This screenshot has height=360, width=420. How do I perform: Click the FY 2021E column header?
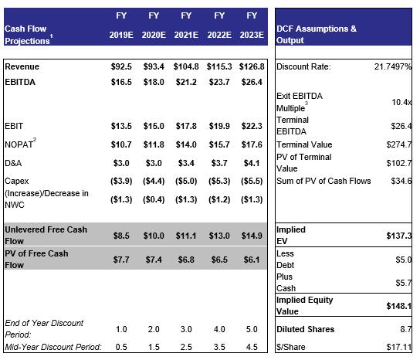186,25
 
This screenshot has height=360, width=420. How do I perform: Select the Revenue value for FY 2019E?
121,66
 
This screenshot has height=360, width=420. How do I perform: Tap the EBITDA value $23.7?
219,82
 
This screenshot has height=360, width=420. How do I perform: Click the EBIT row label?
14,126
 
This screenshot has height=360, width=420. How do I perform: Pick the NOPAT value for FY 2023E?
252,144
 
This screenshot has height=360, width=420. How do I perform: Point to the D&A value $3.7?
219,163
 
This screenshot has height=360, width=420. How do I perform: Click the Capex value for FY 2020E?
154,181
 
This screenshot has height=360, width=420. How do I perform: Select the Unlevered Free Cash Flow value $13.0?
219,236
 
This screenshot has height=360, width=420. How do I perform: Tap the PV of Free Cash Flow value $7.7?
121,260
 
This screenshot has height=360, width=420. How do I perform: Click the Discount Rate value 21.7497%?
393,66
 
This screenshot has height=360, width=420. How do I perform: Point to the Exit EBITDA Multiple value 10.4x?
401,102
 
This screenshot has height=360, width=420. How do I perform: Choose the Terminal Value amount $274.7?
399,144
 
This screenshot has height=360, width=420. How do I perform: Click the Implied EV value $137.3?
399,236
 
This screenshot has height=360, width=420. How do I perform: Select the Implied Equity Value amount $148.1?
399,306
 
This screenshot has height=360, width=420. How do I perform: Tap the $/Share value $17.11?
399,347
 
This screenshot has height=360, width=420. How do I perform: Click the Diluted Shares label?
306,329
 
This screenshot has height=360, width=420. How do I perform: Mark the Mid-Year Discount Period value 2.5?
186,347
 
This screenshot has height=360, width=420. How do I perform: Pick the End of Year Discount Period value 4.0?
219,329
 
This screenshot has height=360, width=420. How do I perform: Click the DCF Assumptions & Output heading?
317,34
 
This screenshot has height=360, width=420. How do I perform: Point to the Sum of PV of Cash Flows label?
323,181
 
